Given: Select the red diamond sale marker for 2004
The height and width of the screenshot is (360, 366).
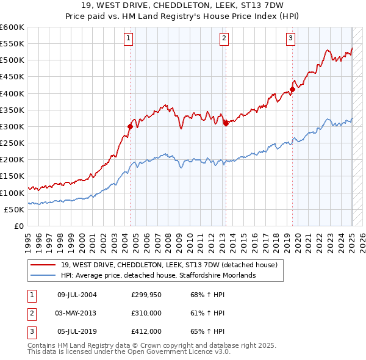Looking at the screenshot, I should (x=130, y=127).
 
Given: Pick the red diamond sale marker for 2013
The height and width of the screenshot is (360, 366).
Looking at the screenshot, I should (x=226, y=123).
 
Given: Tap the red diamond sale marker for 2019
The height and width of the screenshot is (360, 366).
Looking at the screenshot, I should (x=292, y=90).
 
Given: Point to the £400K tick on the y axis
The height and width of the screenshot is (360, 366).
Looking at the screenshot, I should (x=12, y=93).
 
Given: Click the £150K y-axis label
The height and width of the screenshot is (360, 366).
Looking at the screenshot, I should (x=12, y=176).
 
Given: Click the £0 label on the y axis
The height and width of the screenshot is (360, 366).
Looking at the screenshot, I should (x=18, y=226).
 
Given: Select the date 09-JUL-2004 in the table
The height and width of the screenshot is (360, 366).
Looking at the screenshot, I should (x=77, y=295).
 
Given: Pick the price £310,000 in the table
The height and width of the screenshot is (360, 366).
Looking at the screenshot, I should (x=146, y=312).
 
